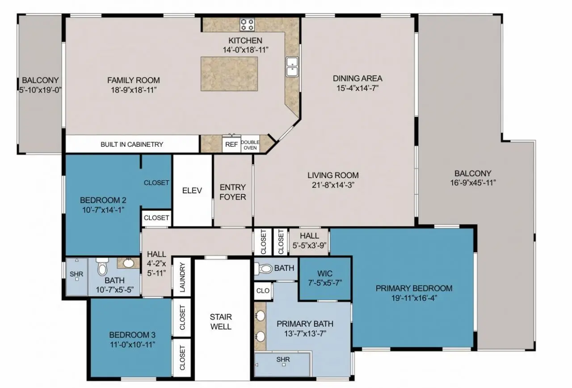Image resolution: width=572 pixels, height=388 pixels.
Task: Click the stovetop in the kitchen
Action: point(247,25)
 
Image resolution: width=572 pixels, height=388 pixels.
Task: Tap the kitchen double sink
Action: point(292,67)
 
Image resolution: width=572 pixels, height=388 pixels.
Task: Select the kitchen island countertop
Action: point(229,74)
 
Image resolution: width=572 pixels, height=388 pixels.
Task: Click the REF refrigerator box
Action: point(231,145)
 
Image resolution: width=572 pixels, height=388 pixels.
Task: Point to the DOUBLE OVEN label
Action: point(250,145)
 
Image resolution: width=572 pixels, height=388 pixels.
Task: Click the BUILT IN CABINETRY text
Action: point(132,145)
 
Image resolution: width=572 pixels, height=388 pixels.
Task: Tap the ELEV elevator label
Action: point(192,191)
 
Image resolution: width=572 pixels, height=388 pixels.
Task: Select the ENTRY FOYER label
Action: point(233,192)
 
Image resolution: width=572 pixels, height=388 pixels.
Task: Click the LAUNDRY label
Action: point(182,277)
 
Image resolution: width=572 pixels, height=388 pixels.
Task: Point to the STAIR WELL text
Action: point(221,322)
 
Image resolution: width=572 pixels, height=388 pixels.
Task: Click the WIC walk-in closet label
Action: point(325,273)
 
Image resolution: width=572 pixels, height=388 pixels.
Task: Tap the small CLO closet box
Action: point(263,291)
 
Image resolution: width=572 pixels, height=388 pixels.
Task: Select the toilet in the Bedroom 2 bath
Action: point(102,266)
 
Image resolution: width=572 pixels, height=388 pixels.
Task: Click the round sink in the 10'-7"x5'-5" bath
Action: point(129,263)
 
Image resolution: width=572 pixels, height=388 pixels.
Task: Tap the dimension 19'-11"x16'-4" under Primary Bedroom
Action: point(414,298)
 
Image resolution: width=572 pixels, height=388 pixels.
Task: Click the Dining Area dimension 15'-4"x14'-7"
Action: point(357,88)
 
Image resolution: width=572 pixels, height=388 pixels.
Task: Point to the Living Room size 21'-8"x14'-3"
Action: point(333,185)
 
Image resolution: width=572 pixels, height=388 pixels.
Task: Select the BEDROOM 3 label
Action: point(132,335)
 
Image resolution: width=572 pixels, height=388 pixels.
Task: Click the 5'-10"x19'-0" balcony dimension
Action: point(40,90)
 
